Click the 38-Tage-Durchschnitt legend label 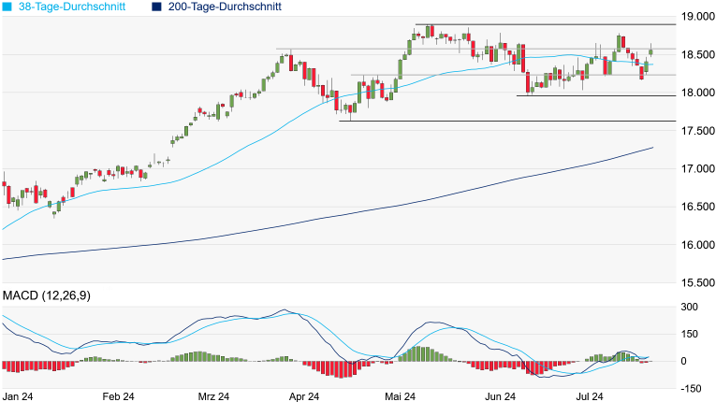[71, 7]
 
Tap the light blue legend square [7, 7]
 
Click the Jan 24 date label [19, 396]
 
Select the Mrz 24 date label [212, 396]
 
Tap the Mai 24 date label [400, 396]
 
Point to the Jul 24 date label [589, 396]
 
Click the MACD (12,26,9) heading [52, 295]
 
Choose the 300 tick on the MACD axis [690, 307]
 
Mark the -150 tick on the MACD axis [692, 388]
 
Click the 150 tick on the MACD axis [690, 334]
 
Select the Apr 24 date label [303, 396]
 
